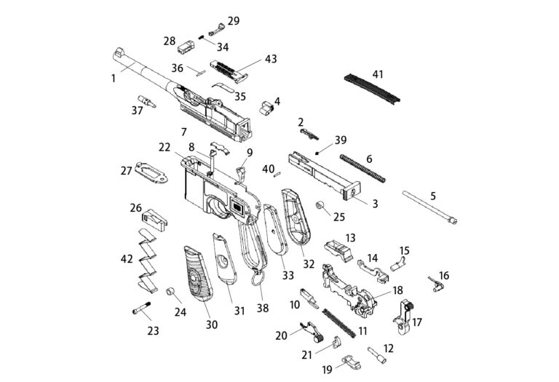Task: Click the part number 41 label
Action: [x=378, y=74]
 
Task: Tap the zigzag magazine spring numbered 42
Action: [x=147, y=260]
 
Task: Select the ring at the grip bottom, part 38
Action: [x=258, y=277]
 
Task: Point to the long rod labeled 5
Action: [x=430, y=207]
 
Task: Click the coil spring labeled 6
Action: [x=362, y=168]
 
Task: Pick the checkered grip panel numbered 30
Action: [x=198, y=274]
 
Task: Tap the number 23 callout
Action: [x=154, y=330]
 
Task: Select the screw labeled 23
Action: [x=141, y=308]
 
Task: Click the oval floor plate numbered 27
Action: [x=151, y=172]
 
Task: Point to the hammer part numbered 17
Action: [x=403, y=317]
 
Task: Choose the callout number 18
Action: [x=398, y=290]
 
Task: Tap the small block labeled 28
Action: [x=186, y=47]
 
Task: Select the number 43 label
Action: [x=271, y=59]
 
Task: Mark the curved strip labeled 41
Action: [x=372, y=88]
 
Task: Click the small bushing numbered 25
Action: [x=320, y=205]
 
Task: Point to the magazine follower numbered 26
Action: [x=155, y=220]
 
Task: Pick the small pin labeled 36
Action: [x=201, y=73]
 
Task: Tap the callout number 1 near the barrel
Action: [x=114, y=79]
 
